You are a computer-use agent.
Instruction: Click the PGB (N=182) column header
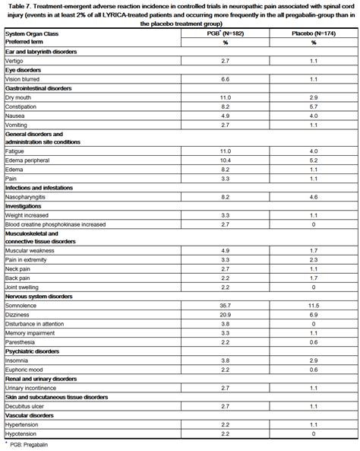(x=225, y=35)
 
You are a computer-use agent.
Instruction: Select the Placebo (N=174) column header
(x=313, y=35)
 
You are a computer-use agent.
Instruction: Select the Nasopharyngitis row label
(x=27, y=197)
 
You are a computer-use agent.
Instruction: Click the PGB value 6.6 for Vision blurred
(x=225, y=79)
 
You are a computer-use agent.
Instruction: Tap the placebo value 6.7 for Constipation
(x=313, y=107)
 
